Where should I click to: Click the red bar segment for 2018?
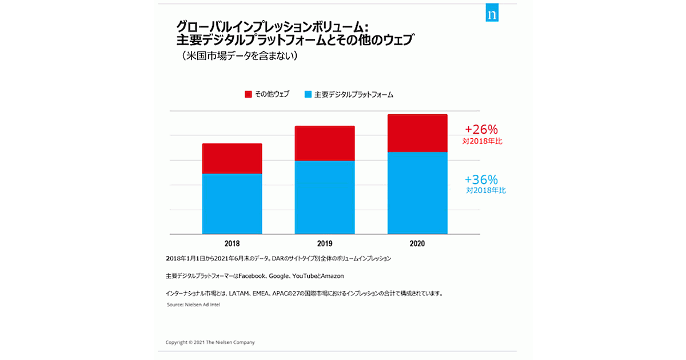pyautogui.click(x=232, y=158)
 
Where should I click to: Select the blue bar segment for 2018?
pyautogui.click(x=232, y=203)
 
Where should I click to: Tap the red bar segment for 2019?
pyautogui.click(x=325, y=143)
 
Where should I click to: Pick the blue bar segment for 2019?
pyautogui.click(x=325, y=197)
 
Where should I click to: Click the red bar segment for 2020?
pyautogui.click(x=417, y=133)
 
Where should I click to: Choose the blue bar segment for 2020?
pyautogui.click(x=417, y=193)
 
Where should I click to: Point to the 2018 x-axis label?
pyautogui.click(x=232, y=243)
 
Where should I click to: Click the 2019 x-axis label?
pyautogui.click(x=325, y=243)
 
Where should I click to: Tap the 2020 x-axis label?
pyautogui.click(x=417, y=243)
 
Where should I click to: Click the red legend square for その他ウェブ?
pyautogui.click(x=248, y=94)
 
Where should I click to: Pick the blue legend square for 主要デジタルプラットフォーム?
pyautogui.click(x=308, y=94)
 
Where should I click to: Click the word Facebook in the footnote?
pyautogui.click(x=252, y=276)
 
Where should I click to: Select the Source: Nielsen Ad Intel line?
pyautogui.click(x=193, y=305)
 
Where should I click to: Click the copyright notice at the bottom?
pyautogui.click(x=210, y=342)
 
